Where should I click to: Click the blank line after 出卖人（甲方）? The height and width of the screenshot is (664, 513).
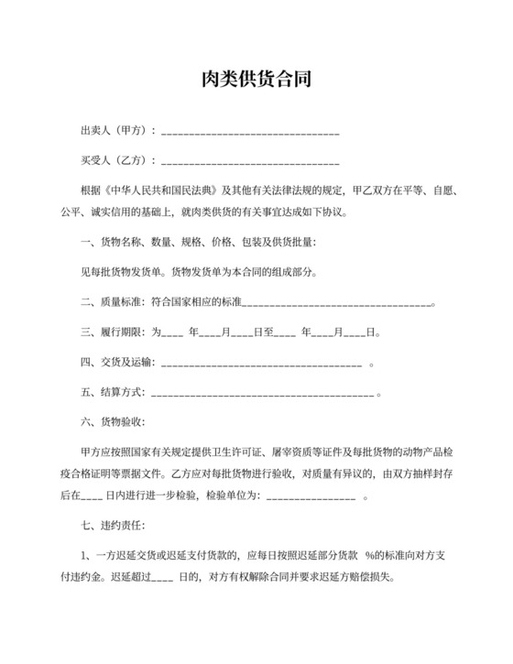coord(250,132)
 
